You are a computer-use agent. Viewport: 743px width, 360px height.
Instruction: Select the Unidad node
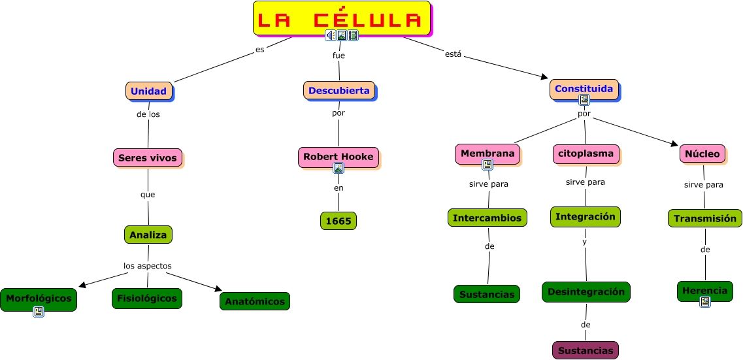[148, 91]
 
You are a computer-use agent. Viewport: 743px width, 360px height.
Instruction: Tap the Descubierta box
[338, 90]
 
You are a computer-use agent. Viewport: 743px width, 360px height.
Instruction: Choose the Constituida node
[583, 88]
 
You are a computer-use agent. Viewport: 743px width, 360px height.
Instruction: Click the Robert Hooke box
[338, 157]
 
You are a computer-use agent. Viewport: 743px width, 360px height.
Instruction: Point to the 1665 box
[338, 221]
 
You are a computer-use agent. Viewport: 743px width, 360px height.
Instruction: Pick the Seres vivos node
[147, 157]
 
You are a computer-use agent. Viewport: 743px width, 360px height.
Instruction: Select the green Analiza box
[148, 234]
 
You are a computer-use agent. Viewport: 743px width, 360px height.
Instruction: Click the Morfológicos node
[38, 298]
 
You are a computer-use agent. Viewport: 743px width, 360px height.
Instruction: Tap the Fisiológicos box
[146, 298]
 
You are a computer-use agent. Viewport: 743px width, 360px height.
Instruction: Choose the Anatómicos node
[254, 301]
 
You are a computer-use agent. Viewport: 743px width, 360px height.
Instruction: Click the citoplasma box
[585, 154]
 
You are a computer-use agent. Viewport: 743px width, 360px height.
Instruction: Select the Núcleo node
[703, 154]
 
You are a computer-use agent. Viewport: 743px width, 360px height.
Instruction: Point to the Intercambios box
[487, 218]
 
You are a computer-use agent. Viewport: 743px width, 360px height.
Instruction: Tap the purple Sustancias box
[585, 350]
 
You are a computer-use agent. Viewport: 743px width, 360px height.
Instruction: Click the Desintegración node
[586, 291]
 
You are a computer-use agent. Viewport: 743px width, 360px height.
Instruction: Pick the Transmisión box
[704, 218]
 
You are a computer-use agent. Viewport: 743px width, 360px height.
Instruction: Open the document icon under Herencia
[704, 302]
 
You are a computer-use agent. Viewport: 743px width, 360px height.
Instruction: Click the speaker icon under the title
[331, 35]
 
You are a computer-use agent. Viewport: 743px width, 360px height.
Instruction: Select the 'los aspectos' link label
[148, 266]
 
